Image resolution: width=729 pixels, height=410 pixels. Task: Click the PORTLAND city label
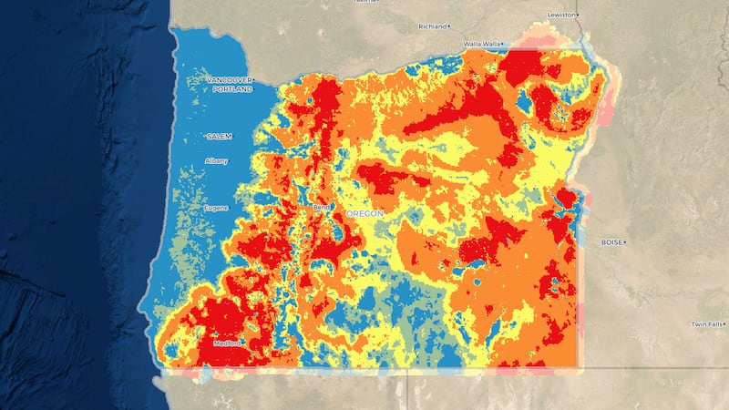pos(232,90)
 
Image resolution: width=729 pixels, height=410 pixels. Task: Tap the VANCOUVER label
pos(229,81)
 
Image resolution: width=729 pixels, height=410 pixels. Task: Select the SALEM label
pos(219,136)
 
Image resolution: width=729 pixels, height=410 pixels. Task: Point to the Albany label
pos(217,161)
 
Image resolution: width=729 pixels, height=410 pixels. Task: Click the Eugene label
pos(216,208)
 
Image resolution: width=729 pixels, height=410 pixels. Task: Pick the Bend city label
pos(320,208)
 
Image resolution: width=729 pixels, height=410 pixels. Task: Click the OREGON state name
pos(364,213)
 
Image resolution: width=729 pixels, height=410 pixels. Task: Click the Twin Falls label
pos(705,324)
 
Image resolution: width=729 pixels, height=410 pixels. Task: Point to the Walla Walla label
pos(482,43)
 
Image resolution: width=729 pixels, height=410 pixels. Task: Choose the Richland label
pos(432,26)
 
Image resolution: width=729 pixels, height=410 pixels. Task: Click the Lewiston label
pos(561,15)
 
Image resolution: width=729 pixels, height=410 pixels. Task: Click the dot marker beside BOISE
pos(626,242)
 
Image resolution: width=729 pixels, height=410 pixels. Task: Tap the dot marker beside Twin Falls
pos(725,324)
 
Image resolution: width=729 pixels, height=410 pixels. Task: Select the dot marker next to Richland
pos(450,26)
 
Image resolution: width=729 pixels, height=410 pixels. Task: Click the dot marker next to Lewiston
pos(580,15)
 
